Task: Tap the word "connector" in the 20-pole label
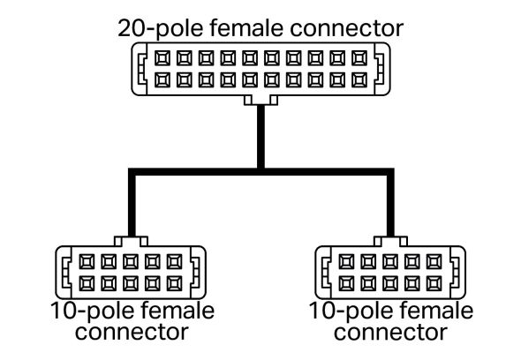point(352,27)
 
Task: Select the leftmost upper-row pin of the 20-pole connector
point(162,59)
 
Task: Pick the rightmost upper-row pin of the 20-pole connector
point(359,59)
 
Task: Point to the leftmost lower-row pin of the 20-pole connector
point(162,79)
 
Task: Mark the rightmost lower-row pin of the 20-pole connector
point(359,79)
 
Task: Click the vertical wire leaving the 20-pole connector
point(260,132)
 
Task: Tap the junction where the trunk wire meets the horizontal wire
point(260,171)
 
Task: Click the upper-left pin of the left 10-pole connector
point(87,262)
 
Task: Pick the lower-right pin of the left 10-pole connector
point(174,282)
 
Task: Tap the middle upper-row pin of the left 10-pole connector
point(131,262)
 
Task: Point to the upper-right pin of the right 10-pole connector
point(433,262)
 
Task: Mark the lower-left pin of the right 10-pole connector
point(346,282)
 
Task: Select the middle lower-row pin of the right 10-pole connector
point(389,282)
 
